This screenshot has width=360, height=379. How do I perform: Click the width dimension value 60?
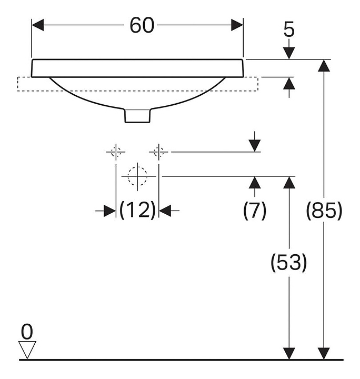click(142, 25)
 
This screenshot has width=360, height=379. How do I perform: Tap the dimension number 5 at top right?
click(289, 31)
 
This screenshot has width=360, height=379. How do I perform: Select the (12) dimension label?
click(137, 211)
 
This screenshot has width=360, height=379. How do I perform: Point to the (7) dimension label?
click(255, 211)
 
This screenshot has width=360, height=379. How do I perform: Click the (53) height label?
click(288, 263)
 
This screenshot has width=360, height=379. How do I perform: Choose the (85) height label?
click(324, 211)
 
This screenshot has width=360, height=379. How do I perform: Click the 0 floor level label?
click(27, 331)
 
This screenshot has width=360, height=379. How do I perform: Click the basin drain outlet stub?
click(138, 115)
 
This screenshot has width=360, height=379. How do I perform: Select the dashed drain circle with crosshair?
click(137, 176)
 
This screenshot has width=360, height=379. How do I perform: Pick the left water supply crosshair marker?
click(116, 153)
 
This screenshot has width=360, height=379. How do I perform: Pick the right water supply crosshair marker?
click(159, 153)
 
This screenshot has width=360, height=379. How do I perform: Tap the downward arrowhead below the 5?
click(289, 53)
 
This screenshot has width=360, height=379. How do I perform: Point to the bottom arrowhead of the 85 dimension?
click(324, 353)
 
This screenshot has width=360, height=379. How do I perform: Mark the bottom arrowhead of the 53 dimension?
click(288, 353)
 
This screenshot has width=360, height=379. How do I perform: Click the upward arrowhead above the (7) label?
click(255, 183)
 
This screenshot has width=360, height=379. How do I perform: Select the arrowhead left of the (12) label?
click(109, 211)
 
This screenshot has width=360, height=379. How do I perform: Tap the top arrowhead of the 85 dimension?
click(324, 66)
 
